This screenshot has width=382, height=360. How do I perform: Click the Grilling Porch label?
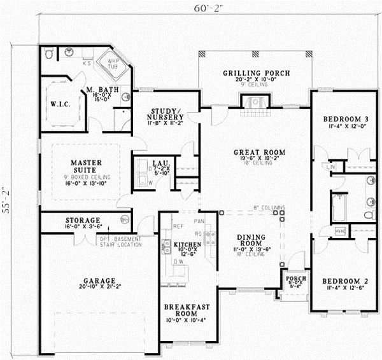pyautogui.click(x=257, y=74)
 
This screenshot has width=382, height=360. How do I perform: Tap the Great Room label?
pyautogui.click(x=259, y=152)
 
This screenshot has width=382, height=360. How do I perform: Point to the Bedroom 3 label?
pyautogui.click(x=345, y=119)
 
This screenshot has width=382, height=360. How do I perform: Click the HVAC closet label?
pyautogui.click(x=339, y=232)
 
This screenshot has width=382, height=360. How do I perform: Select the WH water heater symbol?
pyautogui.click(x=125, y=219)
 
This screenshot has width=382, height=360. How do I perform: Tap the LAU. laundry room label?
pyautogui.click(x=159, y=163)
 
